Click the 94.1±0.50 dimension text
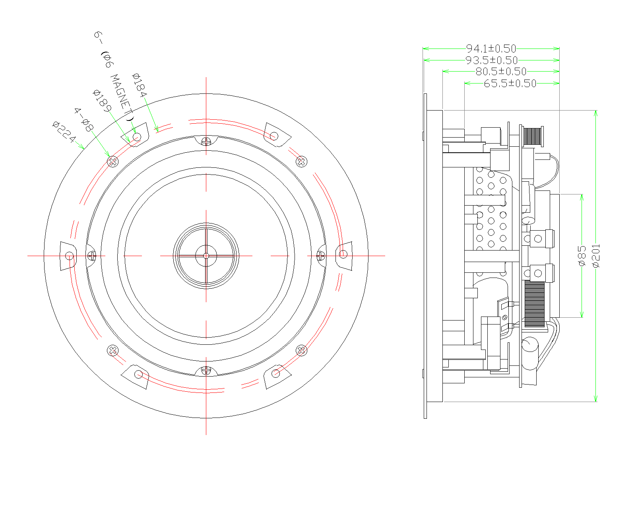[491, 49]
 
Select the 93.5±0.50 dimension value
[492, 60]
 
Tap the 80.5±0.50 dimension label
[501, 72]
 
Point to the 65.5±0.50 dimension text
[510, 84]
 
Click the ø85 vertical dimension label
[581, 256]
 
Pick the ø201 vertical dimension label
[596, 256]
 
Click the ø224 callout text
[64, 132]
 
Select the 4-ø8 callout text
[84, 120]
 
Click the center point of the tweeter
[206, 256]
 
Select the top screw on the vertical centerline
[206, 141]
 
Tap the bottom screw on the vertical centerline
[206, 370]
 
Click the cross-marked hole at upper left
[113, 161]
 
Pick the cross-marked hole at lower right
[301, 350]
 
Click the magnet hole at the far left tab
[70, 255]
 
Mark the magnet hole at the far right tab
[343, 254]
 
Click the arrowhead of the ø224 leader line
[83, 148]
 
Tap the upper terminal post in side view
[538, 239]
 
